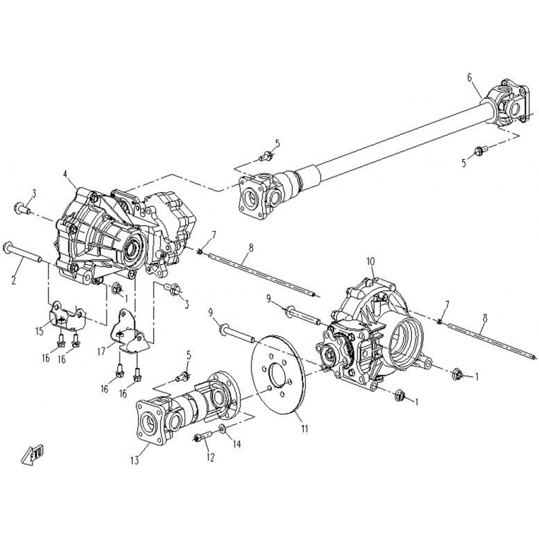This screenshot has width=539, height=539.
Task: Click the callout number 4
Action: point(65,175)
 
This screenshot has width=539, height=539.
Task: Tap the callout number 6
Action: point(470,78)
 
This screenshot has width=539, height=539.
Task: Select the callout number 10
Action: point(371,261)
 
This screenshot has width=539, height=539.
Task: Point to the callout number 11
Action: point(305,429)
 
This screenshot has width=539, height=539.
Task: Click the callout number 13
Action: point(134,460)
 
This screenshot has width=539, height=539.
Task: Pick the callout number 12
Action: point(210,457)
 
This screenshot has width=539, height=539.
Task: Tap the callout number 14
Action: point(236,444)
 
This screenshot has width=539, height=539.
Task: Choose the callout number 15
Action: point(40,331)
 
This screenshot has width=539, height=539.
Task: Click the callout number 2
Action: point(14,280)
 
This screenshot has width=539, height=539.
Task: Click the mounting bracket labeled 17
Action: point(130,331)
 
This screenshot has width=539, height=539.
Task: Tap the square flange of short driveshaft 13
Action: point(152,420)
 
